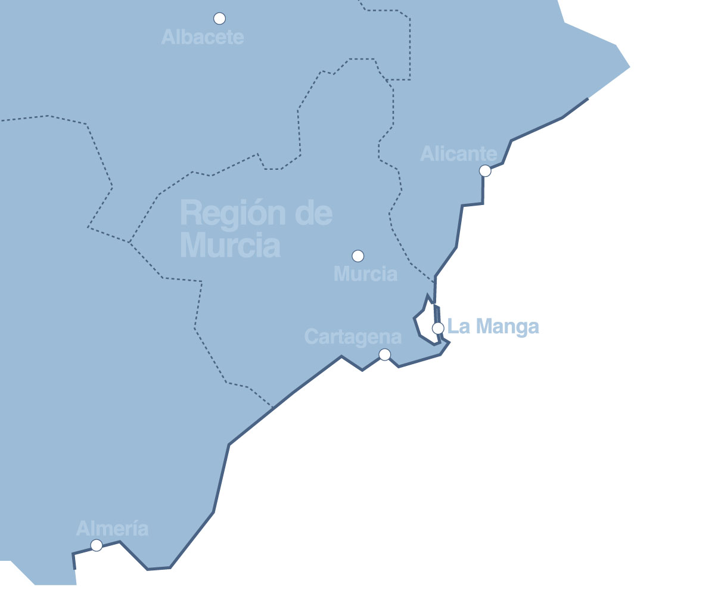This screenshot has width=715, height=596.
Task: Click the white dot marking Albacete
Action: (x=219, y=18)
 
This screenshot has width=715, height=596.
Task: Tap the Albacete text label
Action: (x=203, y=38)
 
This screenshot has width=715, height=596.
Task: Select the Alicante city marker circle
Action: (x=485, y=171)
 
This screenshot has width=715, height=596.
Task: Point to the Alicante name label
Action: (x=458, y=154)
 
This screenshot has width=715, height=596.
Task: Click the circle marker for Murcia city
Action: (x=357, y=256)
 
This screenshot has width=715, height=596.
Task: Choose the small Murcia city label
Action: (x=365, y=274)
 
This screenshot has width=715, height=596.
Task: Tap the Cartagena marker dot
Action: (x=385, y=355)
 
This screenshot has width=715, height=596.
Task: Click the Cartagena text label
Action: (x=353, y=337)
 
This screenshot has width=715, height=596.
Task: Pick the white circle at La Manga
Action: (x=438, y=328)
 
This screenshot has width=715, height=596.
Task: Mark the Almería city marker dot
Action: (x=97, y=545)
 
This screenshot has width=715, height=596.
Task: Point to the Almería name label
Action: (x=112, y=528)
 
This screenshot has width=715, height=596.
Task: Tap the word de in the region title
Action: (x=313, y=213)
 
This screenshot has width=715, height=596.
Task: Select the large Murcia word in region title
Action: (x=230, y=244)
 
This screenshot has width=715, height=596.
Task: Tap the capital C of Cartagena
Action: (x=311, y=337)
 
